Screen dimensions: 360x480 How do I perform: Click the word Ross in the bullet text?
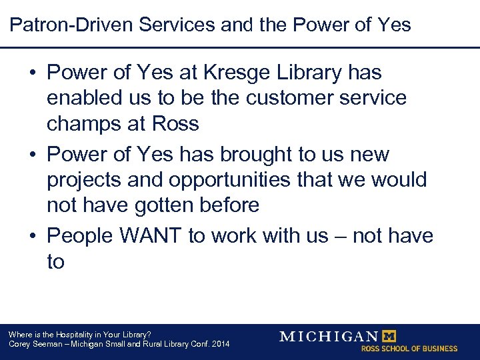[175, 123]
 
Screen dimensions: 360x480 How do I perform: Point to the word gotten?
[153, 205]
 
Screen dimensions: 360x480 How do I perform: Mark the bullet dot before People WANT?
[33, 236]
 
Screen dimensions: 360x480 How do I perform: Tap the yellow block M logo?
[387, 337]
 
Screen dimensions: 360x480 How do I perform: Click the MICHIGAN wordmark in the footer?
[328, 337]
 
